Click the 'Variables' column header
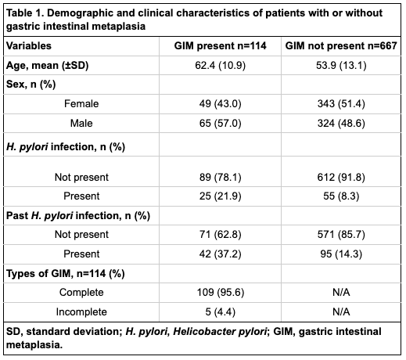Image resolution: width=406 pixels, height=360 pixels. [29, 46]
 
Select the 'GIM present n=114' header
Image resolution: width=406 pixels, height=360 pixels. [220, 46]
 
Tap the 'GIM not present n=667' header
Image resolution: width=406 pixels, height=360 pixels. [341, 46]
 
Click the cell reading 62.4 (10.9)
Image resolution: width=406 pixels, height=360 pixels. [220, 65]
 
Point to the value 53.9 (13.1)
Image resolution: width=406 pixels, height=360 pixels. [341, 65]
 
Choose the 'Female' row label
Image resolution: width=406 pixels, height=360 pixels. [81, 104]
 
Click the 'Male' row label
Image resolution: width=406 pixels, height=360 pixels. [81, 123]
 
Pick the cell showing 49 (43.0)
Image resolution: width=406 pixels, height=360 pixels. [220, 104]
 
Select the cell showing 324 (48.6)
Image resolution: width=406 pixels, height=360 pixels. [341, 123]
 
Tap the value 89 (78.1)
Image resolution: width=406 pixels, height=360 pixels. [220, 178]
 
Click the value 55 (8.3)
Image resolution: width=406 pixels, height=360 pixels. [341, 196]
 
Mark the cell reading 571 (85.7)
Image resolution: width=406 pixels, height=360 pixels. [341, 235]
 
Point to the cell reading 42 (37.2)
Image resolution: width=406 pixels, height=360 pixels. [220, 254]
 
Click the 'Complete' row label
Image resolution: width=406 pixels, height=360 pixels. [81, 293]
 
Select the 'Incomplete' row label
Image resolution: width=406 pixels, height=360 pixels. [81, 312]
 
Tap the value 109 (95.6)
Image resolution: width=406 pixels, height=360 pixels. [220, 293]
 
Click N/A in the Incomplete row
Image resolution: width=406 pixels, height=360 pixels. [341, 312]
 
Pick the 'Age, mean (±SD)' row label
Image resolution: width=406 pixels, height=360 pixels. [47, 65]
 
